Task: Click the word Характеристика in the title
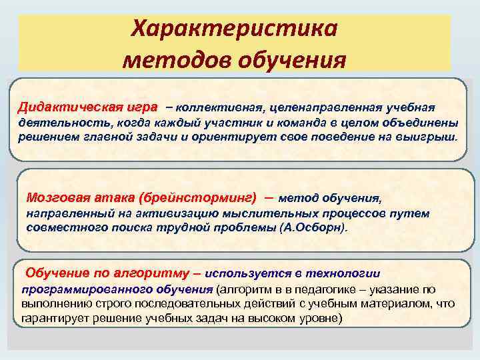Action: (234, 29)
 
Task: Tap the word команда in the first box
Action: (302, 123)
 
